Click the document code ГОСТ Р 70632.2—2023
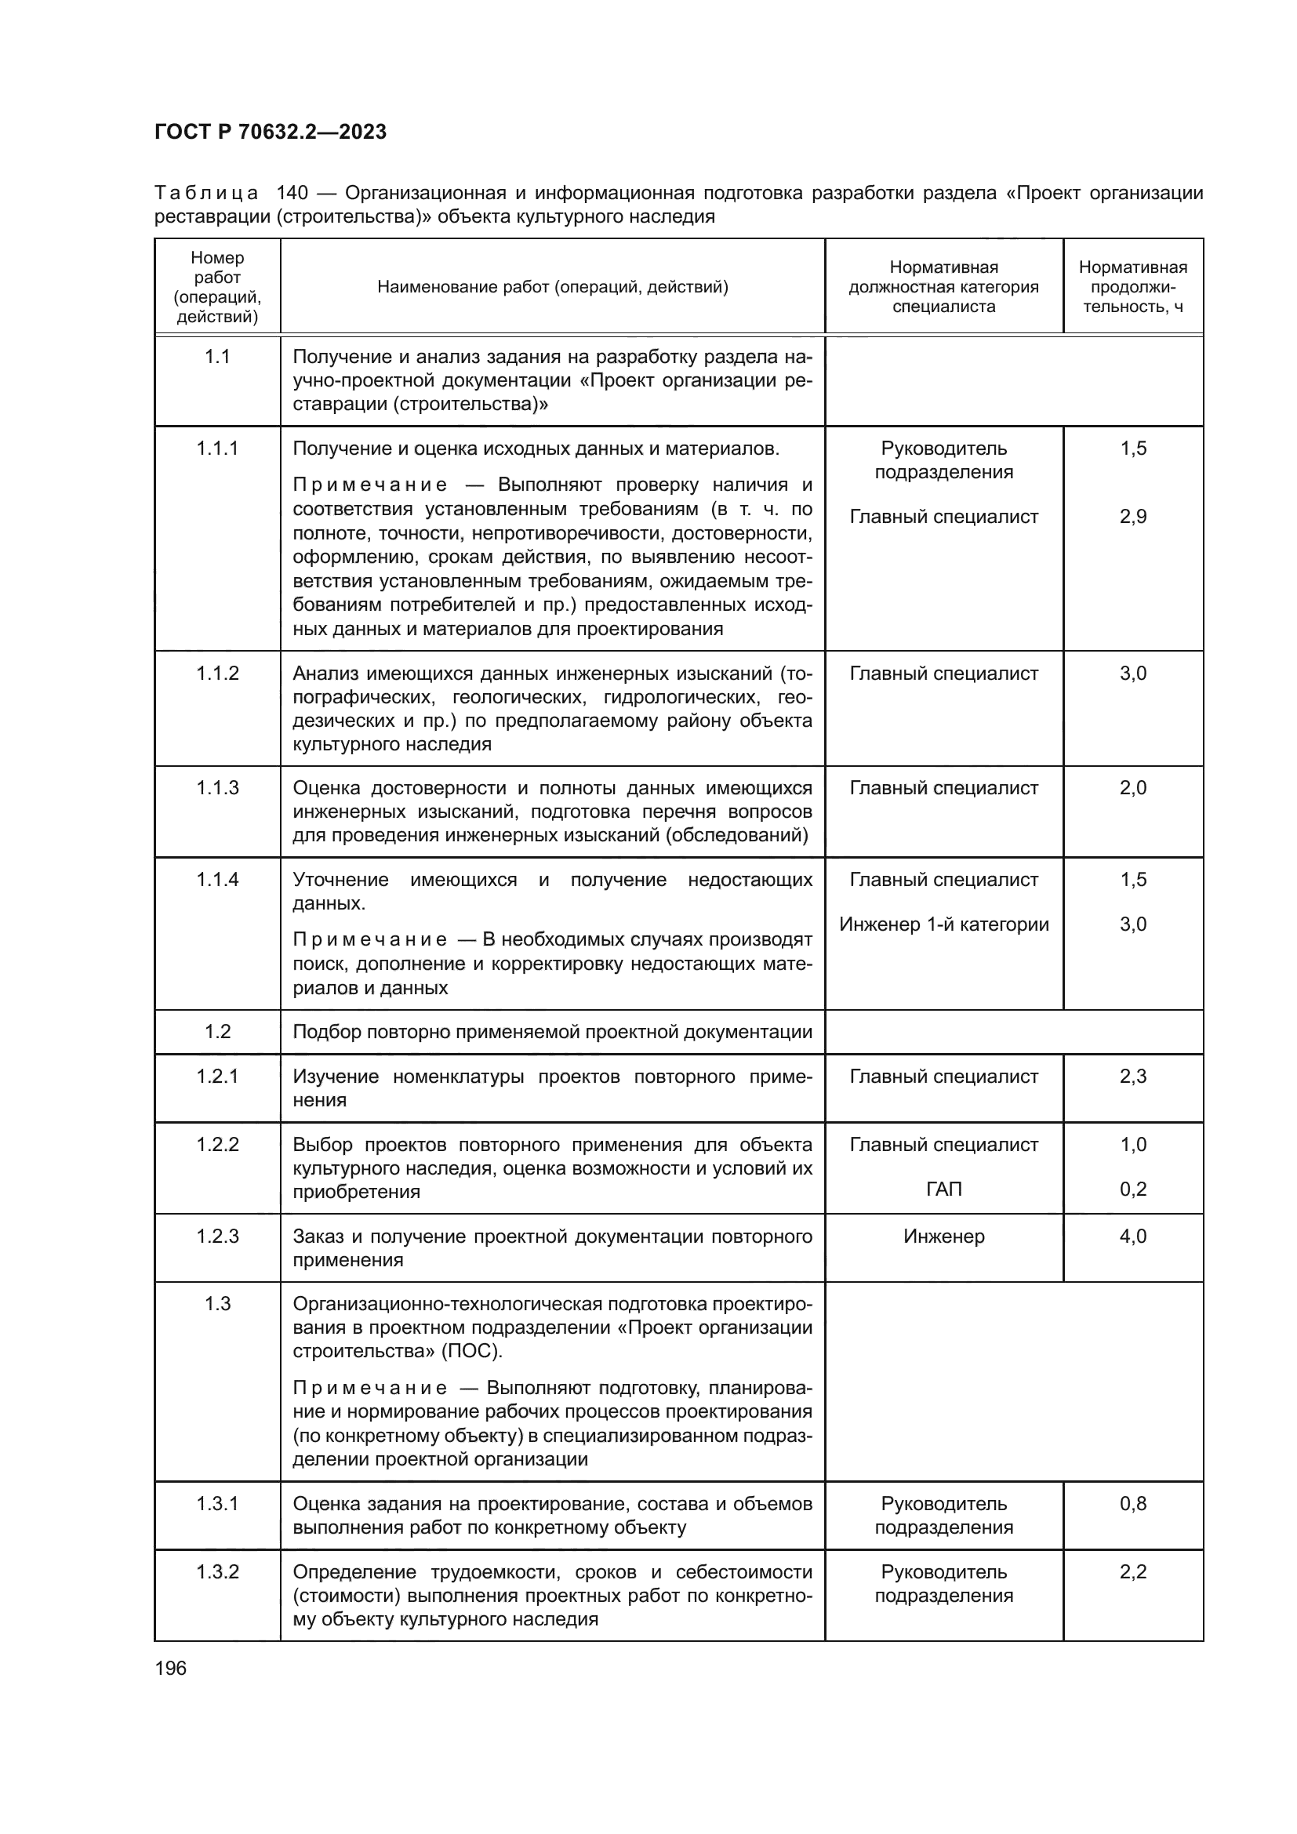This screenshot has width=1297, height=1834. click(270, 132)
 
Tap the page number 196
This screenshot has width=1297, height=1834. click(170, 1668)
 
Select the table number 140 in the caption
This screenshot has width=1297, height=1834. click(292, 194)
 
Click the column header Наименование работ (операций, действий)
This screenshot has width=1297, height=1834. click(553, 287)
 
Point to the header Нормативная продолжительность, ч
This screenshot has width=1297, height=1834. click(1132, 287)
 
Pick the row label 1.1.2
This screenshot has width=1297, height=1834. click(217, 674)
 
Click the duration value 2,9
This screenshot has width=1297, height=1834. click(1132, 517)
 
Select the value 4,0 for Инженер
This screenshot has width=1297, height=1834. click(1132, 1237)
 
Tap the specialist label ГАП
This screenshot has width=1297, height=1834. click(943, 1189)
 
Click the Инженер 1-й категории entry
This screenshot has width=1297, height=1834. click(943, 924)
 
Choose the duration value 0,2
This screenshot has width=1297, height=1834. click(1132, 1189)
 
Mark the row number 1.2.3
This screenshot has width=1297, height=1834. click(217, 1237)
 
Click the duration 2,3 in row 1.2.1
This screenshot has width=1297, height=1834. click(1132, 1077)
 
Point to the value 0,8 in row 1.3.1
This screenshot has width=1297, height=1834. click(1132, 1504)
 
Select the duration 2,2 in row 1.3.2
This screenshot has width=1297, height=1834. click(1132, 1572)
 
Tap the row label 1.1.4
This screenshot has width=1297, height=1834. click(217, 880)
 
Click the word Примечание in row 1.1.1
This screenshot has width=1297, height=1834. click(370, 485)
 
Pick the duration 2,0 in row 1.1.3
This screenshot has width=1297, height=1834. click(1132, 788)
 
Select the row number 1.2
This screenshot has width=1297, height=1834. click(217, 1032)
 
